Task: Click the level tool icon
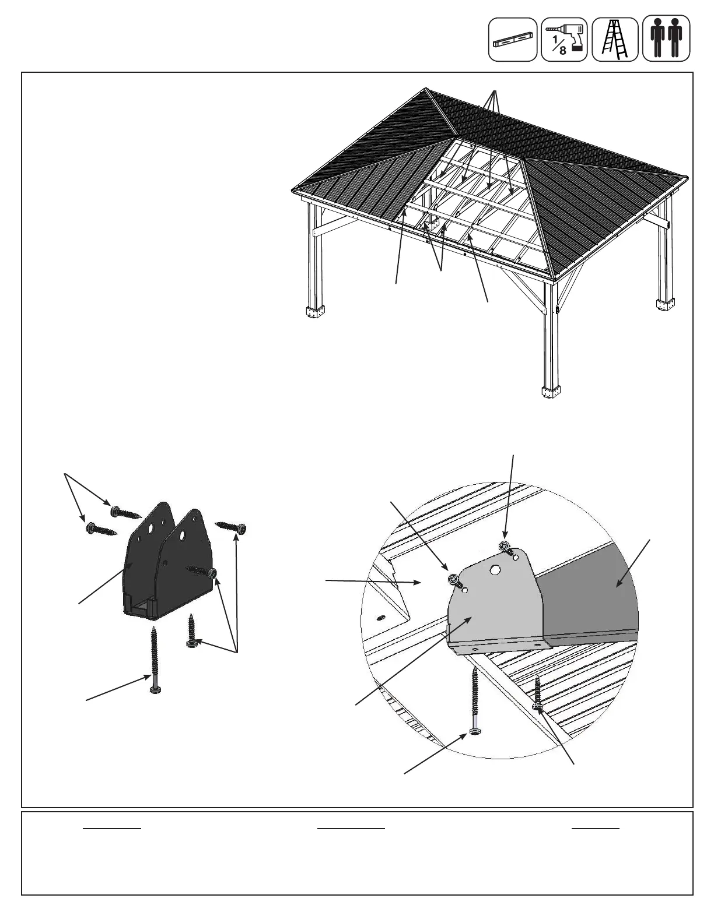point(512,39)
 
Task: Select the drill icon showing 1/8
point(564,39)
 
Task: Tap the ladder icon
point(615,39)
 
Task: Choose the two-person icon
point(666,39)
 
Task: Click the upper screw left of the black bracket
point(125,513)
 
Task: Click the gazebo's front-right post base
point(550,393)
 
